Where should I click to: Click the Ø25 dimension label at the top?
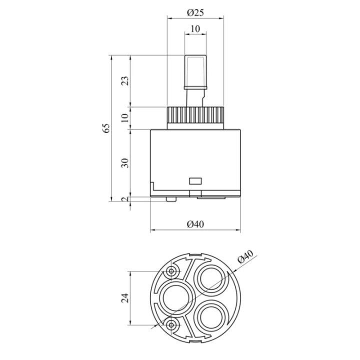pos(195,12)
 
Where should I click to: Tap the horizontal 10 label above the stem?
pos(195,29)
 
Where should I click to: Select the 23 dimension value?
pos(125,81)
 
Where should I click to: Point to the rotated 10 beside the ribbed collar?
pos(125,118)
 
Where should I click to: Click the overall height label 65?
pos(106,128)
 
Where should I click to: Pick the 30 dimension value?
pos(125,163)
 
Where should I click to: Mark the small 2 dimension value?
pos(125,199)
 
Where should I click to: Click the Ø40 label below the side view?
pos(195,224)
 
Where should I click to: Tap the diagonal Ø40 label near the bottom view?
pos(245,256)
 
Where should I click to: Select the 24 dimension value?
pos(125,298)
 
